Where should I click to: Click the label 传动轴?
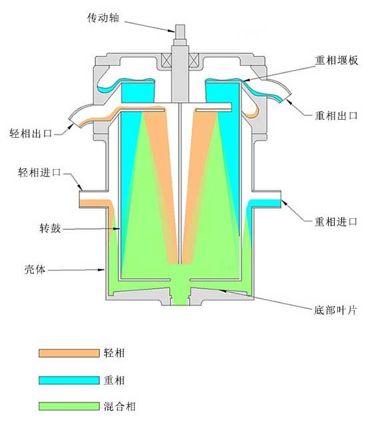[103, 18]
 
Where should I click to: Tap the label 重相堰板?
[337, 60]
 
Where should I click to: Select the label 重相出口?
[336, 116]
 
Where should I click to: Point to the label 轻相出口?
[31, 133]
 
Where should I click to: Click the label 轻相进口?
[39, 172]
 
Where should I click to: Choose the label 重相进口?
[336, 222]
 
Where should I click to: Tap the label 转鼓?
[50, 228]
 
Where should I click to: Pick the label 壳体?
[35, 269]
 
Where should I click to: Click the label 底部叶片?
[335, 310]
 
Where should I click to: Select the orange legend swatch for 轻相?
[69, 353]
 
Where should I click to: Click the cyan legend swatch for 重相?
[69, 380]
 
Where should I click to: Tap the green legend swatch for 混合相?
[69, 406]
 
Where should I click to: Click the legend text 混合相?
[119, 406]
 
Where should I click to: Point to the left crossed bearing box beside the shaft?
[167, 60]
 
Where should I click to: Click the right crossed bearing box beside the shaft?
[194, 60]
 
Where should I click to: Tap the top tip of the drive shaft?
[180, 25]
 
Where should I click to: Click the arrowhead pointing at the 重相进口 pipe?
[284, 202]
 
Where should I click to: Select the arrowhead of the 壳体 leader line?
[102, 270]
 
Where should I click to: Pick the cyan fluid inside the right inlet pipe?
[265, 203]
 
